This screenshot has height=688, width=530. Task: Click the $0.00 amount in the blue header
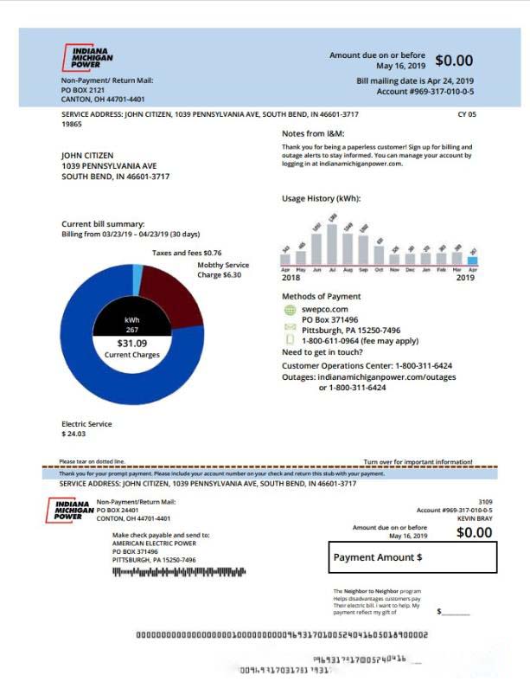453,61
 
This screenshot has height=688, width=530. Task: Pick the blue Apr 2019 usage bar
472,259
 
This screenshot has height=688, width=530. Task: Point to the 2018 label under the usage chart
291,278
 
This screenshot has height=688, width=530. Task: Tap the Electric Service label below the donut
86,424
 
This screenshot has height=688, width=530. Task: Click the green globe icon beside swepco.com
290,309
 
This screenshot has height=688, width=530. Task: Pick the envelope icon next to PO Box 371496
290,328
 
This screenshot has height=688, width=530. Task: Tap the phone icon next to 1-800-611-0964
290,340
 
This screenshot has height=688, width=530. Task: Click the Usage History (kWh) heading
321,198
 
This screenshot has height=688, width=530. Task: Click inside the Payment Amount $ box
412,557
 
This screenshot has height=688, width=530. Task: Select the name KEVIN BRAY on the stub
474,518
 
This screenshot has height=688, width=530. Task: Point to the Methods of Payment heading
321,296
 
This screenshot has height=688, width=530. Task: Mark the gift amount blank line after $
457,613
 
